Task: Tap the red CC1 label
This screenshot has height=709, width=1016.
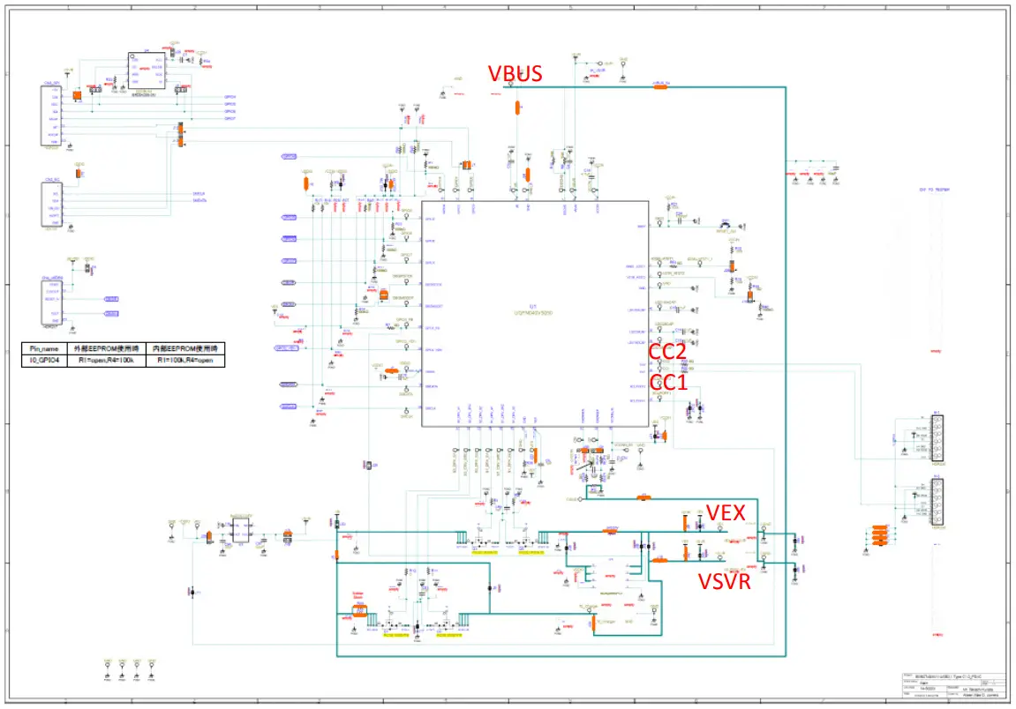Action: (668, 382)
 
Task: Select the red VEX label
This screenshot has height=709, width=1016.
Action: (726, 512)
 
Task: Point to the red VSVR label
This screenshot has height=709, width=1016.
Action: (726, 581)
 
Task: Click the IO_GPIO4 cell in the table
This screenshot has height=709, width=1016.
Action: (43, 361)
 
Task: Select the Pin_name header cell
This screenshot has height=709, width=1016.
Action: (43, 349)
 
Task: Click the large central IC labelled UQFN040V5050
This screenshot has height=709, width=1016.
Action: (534, 313)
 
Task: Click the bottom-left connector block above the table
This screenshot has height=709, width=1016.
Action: (54, 299)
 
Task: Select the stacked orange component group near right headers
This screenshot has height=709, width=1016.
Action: (879, 536)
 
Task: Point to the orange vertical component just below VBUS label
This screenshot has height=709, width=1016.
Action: (517, 108)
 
